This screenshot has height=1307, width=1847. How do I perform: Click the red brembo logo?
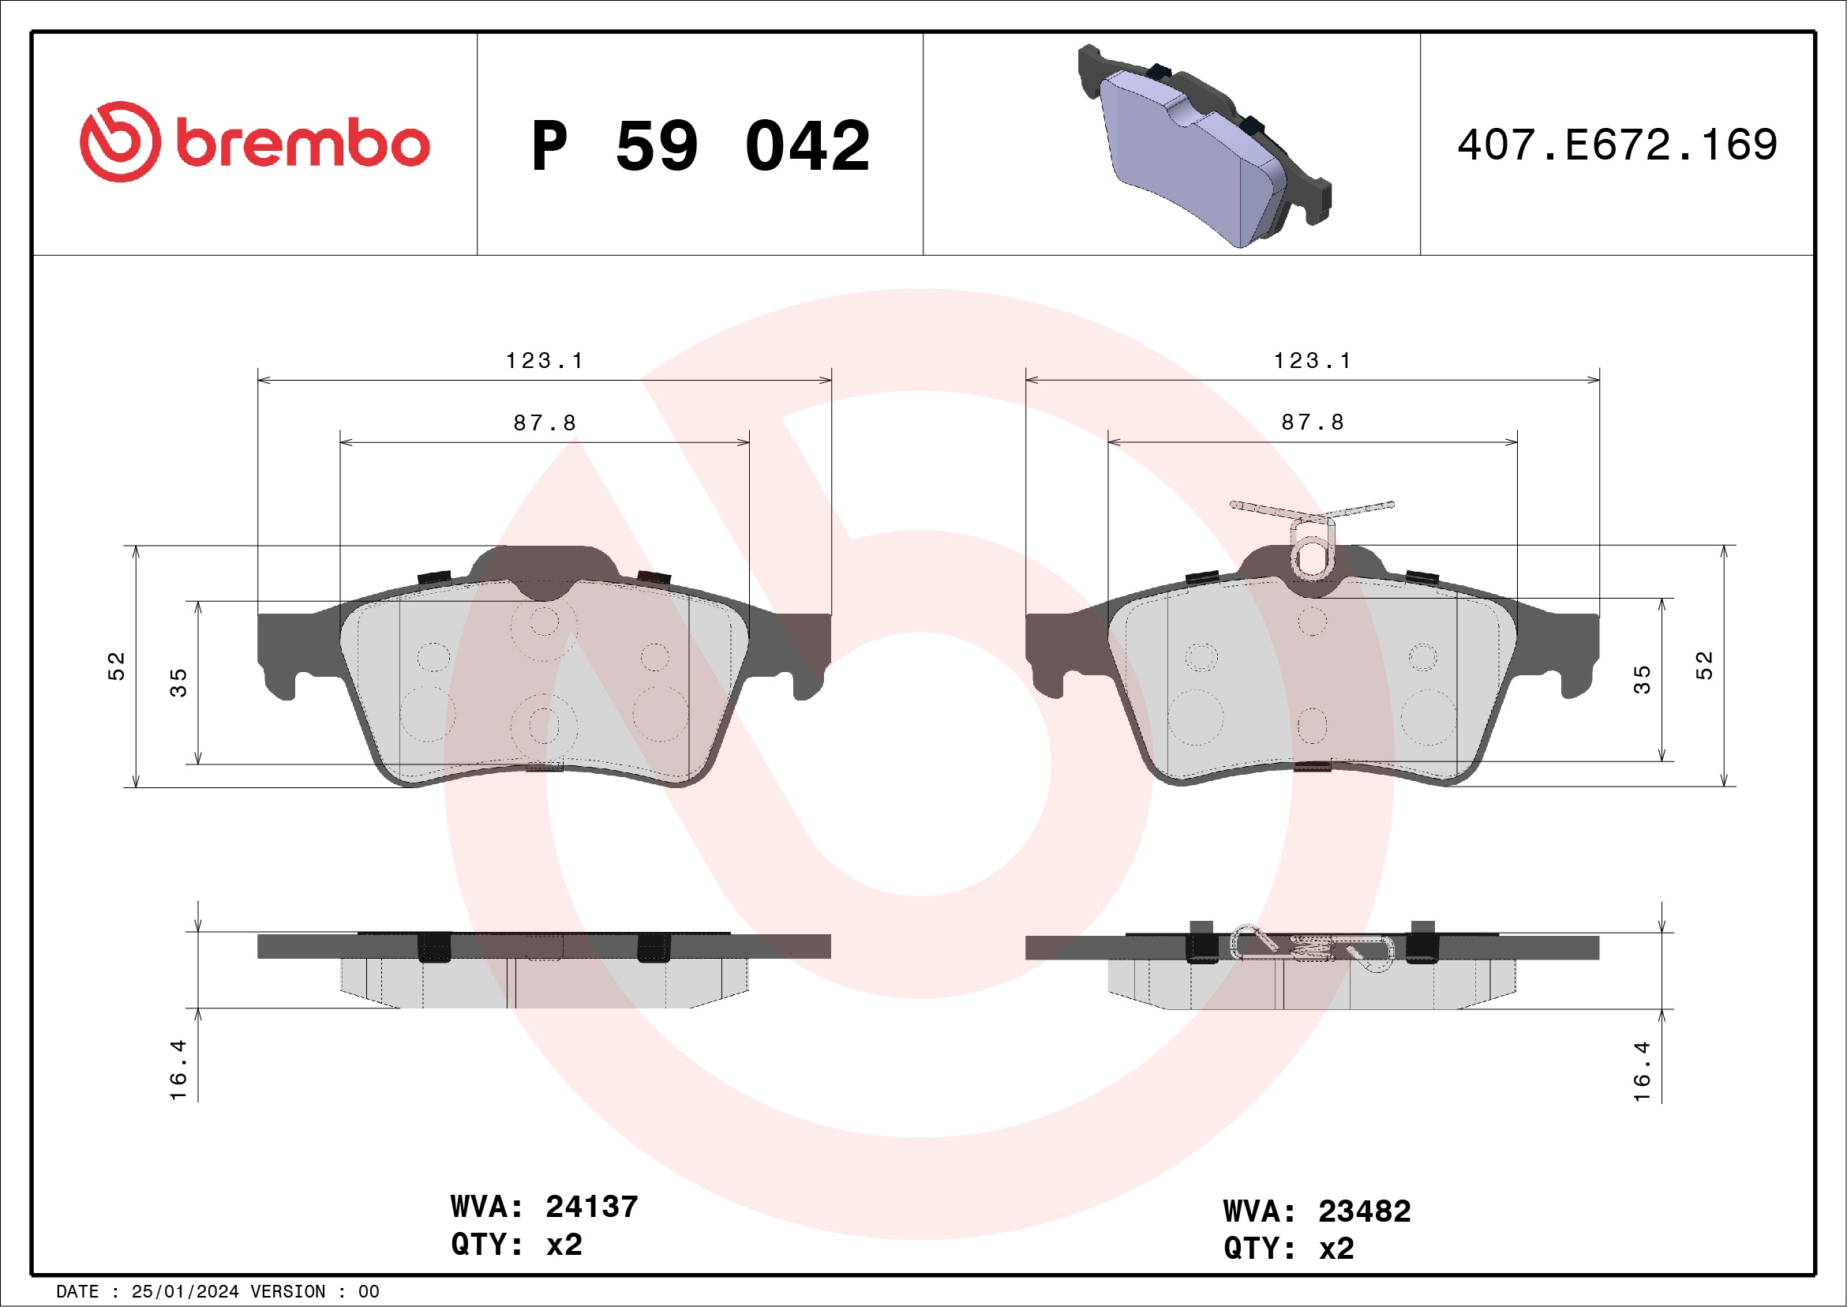(x=254, y=142)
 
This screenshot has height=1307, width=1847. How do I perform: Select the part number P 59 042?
(x=700, y=146)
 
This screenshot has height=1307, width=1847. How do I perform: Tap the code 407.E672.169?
(x=1617, y=145)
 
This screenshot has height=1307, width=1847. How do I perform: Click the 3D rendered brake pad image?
(x=1204, y=146)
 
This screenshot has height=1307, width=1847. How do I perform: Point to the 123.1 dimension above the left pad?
(x=545, y=362)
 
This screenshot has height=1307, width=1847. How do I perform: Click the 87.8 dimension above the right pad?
(x=1312, y=423)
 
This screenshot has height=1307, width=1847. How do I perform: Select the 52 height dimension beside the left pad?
(x=117, y=667)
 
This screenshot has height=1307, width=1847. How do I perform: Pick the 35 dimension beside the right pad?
(x=1642, y=680)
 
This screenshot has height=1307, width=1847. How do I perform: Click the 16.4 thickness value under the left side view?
(x=178, y=1070)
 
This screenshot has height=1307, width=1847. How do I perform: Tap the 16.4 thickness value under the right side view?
(x=1642, y=1072)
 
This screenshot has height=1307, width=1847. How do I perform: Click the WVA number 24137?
(x=591, y=1207)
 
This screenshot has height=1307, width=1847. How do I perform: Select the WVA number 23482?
(x=1365, y=1211)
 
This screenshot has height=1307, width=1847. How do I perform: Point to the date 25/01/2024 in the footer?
(x=185, y=1292)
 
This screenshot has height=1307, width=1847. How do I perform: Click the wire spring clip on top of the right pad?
(x=1312, y=535)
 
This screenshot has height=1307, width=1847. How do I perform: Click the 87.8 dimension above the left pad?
(x=545, y=423)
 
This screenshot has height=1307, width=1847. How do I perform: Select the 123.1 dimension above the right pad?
(x=1312, y=362)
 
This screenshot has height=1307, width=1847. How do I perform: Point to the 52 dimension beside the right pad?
(x=1705, y=666)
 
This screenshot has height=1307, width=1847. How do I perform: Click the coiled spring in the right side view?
(x=1312, y=948)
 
